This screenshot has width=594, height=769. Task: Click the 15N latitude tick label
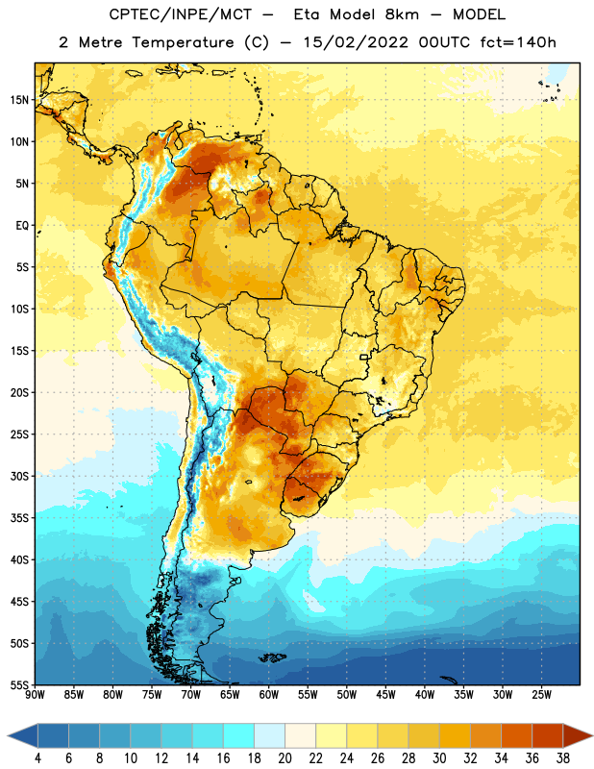pyautogui.click(x=19, y=100)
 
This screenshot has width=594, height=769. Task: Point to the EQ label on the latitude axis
pyautogui.click(x=22, y=226)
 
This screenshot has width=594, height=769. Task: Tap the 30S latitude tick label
pyautogui.click(x=19, y=476)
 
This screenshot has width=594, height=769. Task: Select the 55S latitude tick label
pyautogui.click(x=19, y=685)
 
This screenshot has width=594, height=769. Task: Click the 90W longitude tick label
pyautogui.click(x=35, y=695)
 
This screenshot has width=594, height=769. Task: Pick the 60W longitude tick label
pyautogui.click(x=269, y=695)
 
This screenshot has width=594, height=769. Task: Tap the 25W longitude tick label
pyautogui.click(x=541, y=695)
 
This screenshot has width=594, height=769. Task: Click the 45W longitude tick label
pyautogui.click(x=385, y=695)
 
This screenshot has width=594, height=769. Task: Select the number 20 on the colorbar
pyautogui.click(x=285, y=758)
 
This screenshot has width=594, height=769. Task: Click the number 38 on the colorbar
pyautogui.click(x=563, y=758)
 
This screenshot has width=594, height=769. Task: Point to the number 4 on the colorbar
pyautogui.click(x=37, y=758)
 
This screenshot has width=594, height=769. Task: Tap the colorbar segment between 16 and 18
pyautogui.click(x=239, y=735)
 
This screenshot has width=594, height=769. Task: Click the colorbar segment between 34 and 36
pyautogui.click(x=517, y=735)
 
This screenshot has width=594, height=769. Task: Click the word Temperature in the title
pyautogui.click(x=183, y=42)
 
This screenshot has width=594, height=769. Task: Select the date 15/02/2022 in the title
pyautogui.click(x=356, y=42)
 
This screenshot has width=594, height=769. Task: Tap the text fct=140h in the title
pyautogui.click(x=518, y=42)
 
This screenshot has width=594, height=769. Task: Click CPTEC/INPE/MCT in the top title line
pyautogui.click(x=180, y=14)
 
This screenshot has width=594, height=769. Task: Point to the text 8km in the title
pyautogui.click(x=402, y=14)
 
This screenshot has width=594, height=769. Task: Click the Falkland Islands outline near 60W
pyautogui.click(x=272, y=657)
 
